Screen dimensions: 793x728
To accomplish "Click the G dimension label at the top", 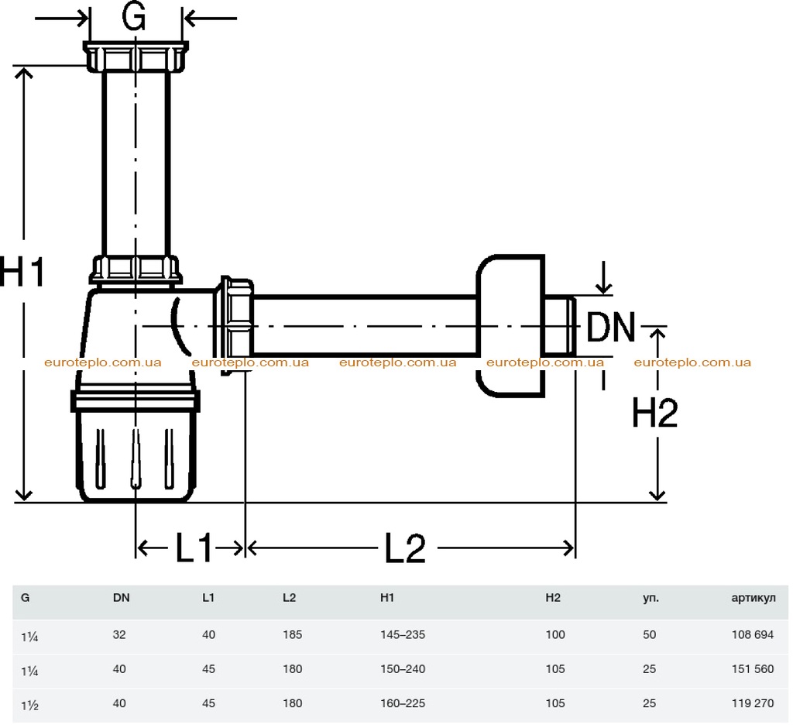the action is [x=134, y=16].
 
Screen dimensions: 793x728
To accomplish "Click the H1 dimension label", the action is [x=22, y=272].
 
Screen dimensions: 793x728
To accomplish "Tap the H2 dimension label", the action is [x=654, y=413].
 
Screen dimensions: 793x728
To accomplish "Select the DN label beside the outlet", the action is [x=610, y=327].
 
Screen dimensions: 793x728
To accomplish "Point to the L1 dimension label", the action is [x=194, y=548].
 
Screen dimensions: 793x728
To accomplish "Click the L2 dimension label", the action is [x=404, y=548].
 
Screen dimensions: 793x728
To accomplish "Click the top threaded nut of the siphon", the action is [x=136, y=57].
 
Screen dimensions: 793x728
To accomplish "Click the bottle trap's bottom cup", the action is [x=135, y=445].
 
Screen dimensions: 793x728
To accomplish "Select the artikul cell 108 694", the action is [x=753, y=634].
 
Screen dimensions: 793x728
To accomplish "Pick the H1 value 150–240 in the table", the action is [x=403, y=669].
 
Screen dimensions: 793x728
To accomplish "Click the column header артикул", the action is [x=753, y=598].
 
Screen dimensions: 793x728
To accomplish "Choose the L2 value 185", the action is [x=292, y=634].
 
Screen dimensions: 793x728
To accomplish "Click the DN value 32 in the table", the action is [x=119, y=634].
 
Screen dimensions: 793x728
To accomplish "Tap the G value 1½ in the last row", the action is [x=29, y=705].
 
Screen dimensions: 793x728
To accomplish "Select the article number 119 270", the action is [x=753, y=703].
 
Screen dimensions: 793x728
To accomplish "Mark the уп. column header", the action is [x=651, y=598].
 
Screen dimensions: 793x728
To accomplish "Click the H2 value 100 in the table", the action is [x=555, y=634].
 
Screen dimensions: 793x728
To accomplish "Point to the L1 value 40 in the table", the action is [x=208, y=634].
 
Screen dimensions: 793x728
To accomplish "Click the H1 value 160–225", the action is [x=403, y=703].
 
